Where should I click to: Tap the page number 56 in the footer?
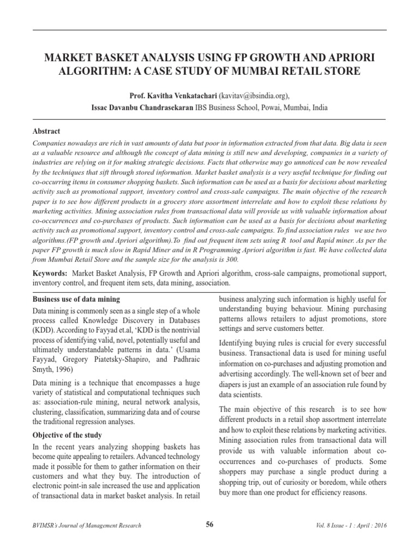click(209, 525)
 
